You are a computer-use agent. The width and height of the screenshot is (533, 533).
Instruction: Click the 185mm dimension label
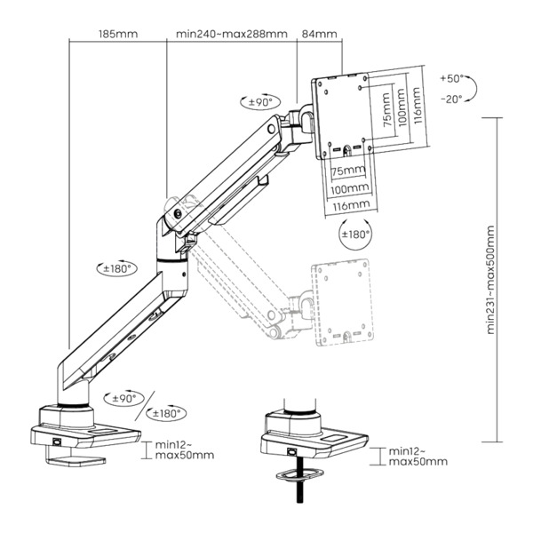(x=118, y=35)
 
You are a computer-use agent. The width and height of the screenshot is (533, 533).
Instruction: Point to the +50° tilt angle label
(x=451, y=80)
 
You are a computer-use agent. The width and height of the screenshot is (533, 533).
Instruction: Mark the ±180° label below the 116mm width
(x=357, y=235)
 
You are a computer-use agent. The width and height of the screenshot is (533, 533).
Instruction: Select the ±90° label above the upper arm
(x=260, y=103)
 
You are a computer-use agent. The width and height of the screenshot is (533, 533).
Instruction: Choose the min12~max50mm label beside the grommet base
(x=418, y=457)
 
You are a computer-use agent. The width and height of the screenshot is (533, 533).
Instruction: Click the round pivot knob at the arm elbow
(x=179, y=213)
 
